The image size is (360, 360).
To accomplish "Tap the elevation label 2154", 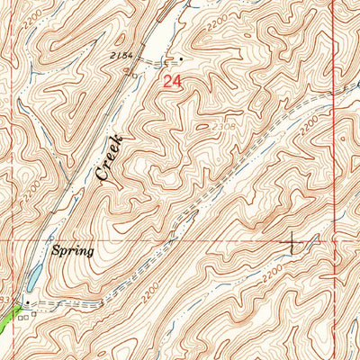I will tap(125, 56).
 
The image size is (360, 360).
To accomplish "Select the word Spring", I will tap(73, 251).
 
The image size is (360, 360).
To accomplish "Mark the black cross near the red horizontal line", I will tap(292, 241).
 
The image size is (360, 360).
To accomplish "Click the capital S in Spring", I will tap(57, 251).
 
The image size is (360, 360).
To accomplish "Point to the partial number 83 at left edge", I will tap(4, 298).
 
